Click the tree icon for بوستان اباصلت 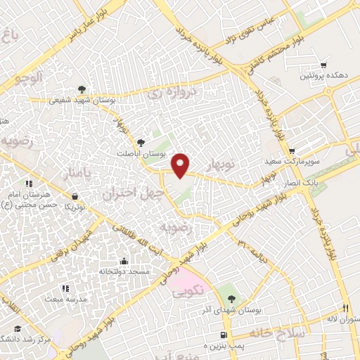tap(140, 142)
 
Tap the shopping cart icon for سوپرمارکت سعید tap(291, 150)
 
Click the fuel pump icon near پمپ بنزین tap(224, 335)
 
